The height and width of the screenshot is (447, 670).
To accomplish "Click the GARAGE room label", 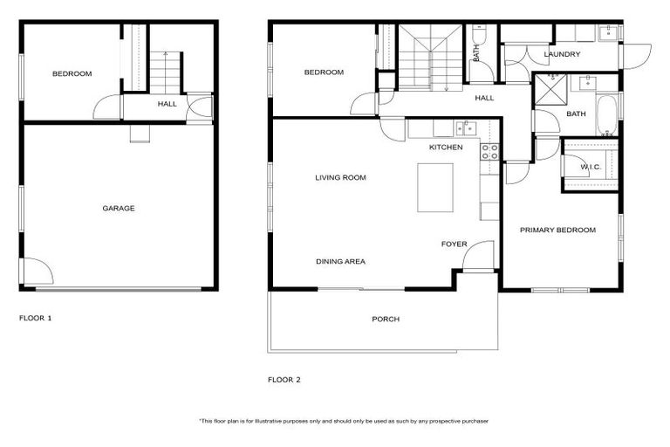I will [x=118, y=209].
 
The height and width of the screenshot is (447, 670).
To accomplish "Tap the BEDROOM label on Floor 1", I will [x=72, y=74].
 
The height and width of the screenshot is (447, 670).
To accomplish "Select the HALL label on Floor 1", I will [x=167, y=104].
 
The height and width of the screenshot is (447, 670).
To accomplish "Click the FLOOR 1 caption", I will [x=36, y=319].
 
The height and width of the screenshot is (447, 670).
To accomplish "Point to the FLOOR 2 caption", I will [x=284, y=380].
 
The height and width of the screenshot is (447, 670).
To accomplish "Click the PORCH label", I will [x=386, y=320].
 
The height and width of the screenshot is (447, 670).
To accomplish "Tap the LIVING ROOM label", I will [x=340, y=178].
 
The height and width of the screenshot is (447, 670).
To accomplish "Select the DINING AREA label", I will [x=340, y=261].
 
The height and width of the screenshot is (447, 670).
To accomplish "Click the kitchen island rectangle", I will [x=436, y=188].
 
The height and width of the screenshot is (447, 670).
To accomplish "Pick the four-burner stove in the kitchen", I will [x=489, y=153].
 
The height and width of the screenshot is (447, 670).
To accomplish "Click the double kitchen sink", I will [x=464, y=129].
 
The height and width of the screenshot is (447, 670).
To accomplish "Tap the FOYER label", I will [x=454, y=244].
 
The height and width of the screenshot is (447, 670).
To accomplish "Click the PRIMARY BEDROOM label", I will [x=557, y=230].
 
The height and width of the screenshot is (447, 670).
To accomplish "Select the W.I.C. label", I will [x=590, y=167].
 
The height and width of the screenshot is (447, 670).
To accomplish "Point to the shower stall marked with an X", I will [x=550, y=89].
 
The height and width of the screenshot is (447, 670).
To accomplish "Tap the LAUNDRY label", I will [x=562, y=55].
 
